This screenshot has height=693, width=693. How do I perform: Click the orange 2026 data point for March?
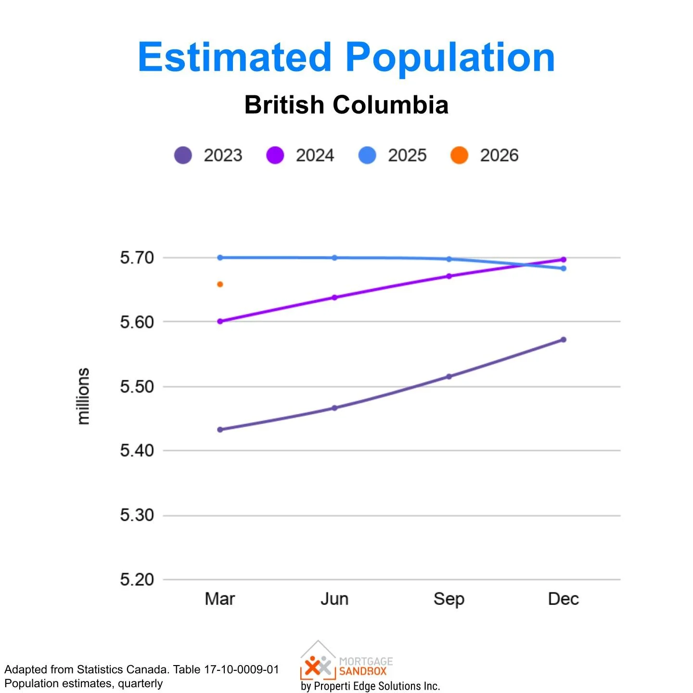click(220, 284)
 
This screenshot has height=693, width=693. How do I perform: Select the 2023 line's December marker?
click(564, 340)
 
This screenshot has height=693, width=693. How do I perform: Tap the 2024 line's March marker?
click(220, 321)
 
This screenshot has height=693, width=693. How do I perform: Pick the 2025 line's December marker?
click(564, 269)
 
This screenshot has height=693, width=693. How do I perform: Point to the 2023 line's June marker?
click(334, 408)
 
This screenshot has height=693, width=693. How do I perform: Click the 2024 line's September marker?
click(449, 276)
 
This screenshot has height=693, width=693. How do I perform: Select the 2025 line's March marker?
click(220, 257)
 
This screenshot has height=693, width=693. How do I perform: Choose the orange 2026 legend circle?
click(459, 155)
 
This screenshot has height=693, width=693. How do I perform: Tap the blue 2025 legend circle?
click(367, 155)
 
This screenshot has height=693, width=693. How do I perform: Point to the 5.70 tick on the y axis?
click(137, 258)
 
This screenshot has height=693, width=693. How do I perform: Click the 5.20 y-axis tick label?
click(137, 579)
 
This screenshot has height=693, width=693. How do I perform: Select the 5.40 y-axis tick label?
click(137, 451)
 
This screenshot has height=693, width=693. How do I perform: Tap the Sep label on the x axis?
click(449, 599)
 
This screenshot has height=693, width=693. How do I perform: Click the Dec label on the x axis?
click(563, 599)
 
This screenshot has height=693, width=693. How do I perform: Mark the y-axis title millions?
click(84, 396)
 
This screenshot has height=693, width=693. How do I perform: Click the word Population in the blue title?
click(450, 58)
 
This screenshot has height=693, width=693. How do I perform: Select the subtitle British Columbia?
click(346, 105)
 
